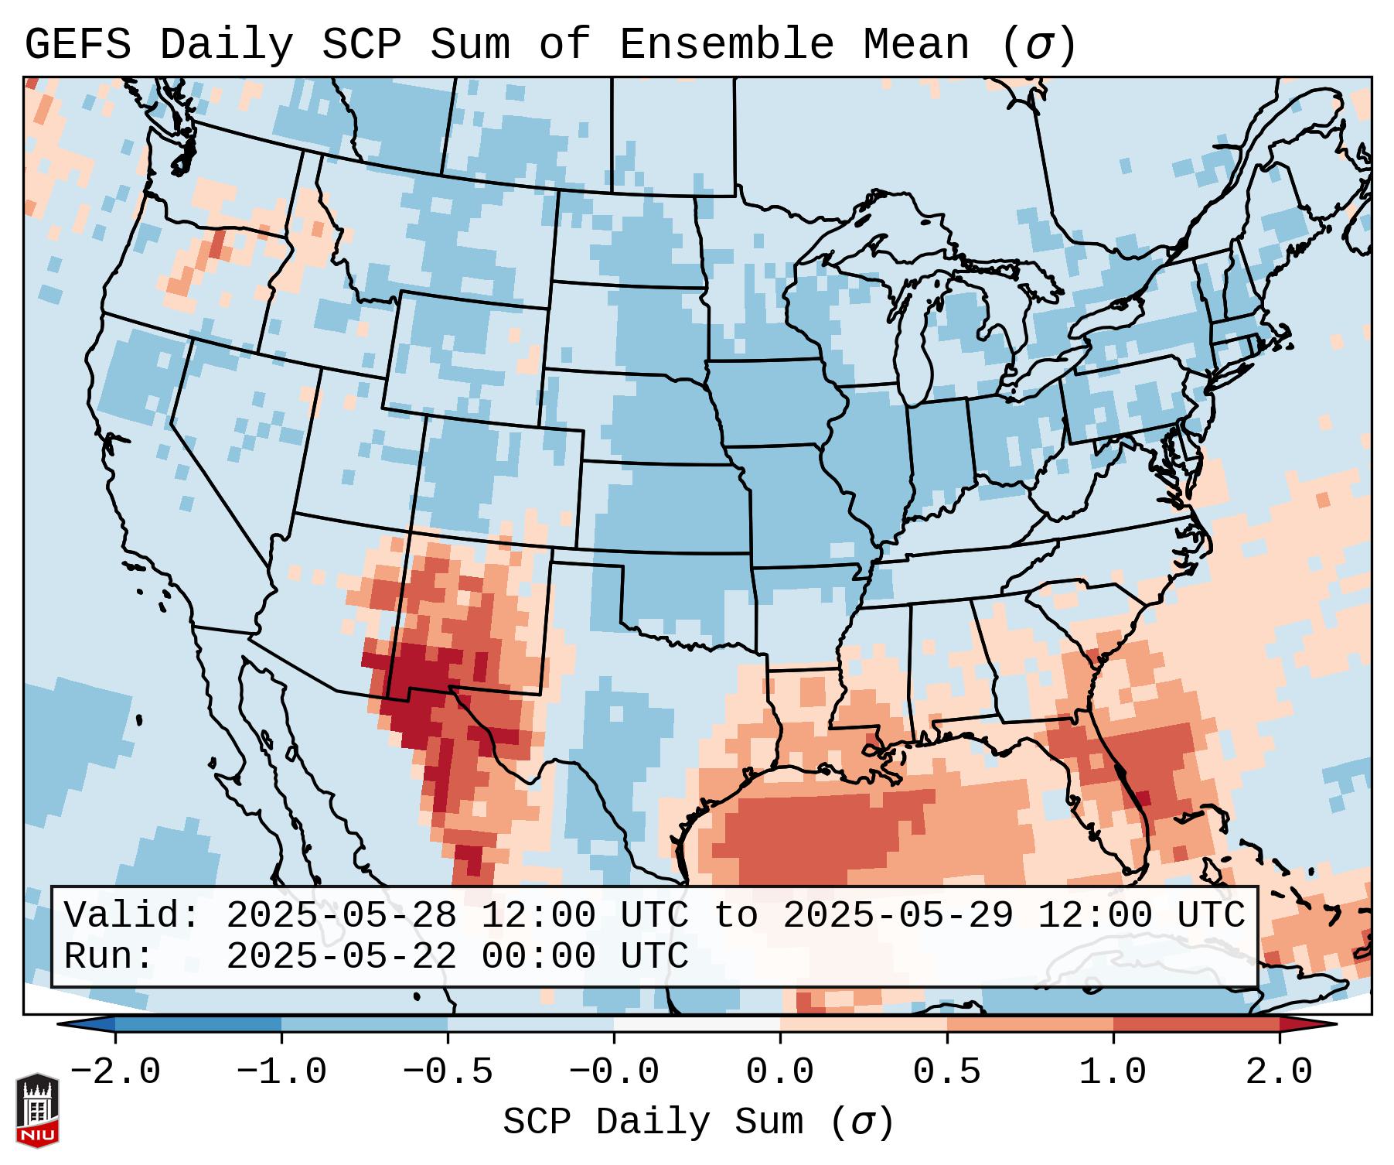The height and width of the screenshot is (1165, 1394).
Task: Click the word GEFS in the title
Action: [x=78, y=45]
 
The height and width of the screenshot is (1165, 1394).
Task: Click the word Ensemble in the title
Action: [x=726, y=45]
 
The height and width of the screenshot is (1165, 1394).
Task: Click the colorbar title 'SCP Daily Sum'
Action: [x=653, y=1122]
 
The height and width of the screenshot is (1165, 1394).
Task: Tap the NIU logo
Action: [x=37, y=1110]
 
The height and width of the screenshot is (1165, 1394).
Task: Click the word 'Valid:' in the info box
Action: [x=132, y=916]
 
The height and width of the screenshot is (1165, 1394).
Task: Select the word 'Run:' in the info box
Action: [x=109, y=956]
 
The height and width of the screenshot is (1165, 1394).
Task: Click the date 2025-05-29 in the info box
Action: [x=898, y=916]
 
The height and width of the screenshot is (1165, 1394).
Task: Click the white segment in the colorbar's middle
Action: [x=697, y=1025]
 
